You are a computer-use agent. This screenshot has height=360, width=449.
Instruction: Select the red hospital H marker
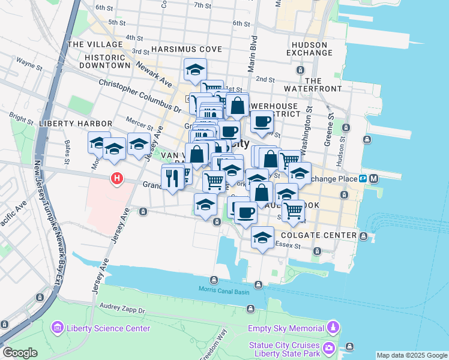coord(116,179)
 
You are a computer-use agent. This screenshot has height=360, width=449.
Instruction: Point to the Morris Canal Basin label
coord(223,291)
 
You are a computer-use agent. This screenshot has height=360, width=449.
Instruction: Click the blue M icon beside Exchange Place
coord(373,178)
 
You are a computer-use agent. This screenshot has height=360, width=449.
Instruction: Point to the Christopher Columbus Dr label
coord(140,96)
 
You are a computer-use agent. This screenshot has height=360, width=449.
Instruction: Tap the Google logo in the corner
coord(20,353)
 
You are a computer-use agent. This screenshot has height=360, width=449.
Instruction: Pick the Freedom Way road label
coord(212,346)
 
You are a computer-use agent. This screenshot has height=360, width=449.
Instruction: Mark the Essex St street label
coord(287,245)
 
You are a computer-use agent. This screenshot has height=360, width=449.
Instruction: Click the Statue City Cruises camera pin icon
coord(329,348)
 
